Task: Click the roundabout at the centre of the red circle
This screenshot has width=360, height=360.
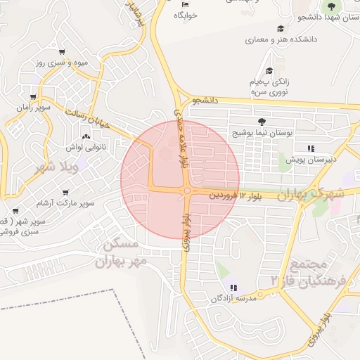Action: pos(187,190)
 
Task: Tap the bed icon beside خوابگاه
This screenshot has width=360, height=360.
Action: pos(185,5)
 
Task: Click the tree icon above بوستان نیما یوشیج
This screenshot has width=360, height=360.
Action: pos(262,122)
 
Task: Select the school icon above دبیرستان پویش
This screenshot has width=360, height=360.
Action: pos(310,148)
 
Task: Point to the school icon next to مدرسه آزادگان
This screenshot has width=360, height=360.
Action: pos(233,287)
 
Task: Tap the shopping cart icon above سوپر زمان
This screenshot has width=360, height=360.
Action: pos(33,97)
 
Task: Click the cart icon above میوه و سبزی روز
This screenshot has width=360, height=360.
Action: pos(63,52)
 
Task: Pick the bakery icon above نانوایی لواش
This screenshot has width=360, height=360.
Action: pos(86,136)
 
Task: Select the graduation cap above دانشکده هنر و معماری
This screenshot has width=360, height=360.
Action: pos(281,29)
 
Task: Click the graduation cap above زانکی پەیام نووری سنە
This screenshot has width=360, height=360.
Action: pos(270,70)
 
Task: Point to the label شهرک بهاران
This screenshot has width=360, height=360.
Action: pos(314,193)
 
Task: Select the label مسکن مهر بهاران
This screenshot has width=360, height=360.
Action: pos(122,254)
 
